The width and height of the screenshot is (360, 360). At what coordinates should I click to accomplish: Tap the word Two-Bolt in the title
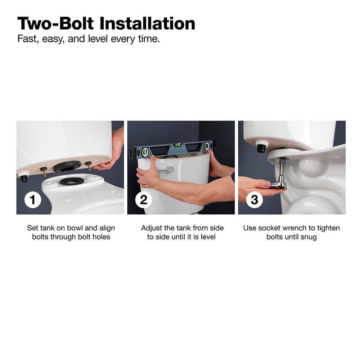56,23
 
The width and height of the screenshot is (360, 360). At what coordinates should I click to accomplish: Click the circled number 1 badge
33,199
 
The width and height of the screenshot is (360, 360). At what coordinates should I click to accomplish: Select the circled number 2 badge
144,199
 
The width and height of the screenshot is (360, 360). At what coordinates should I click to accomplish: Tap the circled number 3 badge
255,199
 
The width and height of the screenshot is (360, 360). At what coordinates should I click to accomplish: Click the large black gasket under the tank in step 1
68,166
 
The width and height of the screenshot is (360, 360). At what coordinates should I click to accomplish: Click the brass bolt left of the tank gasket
44,171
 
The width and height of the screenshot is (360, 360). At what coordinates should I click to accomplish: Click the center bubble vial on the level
177,145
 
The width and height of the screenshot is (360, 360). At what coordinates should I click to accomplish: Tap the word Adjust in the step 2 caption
152,228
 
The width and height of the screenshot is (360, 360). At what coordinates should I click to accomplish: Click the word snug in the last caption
309,237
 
